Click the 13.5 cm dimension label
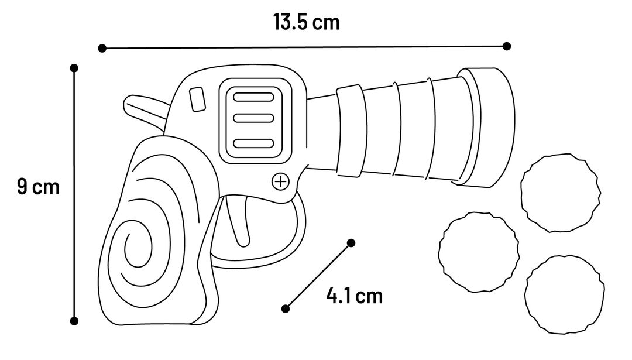(306, 22)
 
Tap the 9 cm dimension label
(38, 187)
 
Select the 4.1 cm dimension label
(354, 296)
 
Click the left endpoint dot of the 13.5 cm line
(102, 49)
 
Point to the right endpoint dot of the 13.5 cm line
(507, 46)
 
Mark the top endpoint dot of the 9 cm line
(74, 68)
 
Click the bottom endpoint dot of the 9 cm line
(74, 321)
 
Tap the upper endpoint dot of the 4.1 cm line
(351, 243)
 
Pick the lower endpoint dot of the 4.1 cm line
(286, 309)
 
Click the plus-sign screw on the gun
(280, 181)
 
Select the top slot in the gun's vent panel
(253, 97)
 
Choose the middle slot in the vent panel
(253, 118)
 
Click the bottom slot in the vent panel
(253, 143)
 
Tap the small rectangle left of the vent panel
(198, 99)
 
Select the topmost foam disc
(560, 193)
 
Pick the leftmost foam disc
(479, 252)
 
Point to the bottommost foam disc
(564, 294)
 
